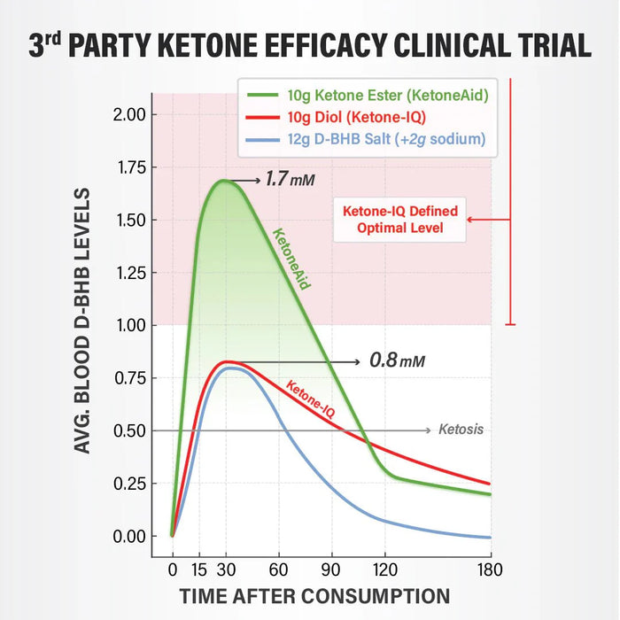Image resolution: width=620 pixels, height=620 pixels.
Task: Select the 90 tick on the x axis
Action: point(333,569)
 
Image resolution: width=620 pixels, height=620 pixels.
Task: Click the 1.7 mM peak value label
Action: point(290,180)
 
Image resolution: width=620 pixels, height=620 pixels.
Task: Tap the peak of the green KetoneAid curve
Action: point(225,181)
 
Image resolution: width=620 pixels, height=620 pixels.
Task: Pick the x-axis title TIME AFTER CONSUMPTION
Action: point(314,595)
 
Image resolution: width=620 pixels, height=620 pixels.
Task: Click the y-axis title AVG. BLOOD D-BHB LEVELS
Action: point(82,321)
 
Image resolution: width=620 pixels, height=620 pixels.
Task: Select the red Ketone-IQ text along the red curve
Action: point(309,399)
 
